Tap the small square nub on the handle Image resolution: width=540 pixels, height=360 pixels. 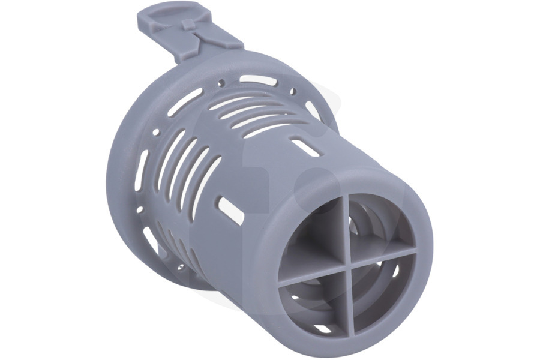pyautogui.click(x=188, y=24)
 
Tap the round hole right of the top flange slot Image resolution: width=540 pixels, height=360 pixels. pyautogui.click(x=293, y=92)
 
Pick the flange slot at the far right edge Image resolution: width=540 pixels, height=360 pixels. pyautogui.click(x=313, y=110)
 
